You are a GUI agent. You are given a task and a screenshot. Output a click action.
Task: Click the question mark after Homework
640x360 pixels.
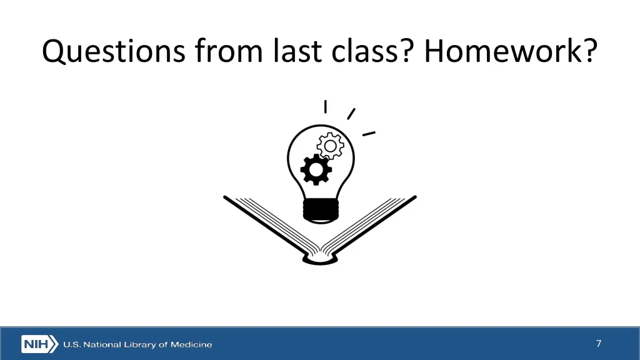point(589,51)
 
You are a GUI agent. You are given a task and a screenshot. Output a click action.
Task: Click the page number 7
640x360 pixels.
point(599,344)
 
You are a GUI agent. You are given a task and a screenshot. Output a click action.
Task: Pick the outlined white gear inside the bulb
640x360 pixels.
point(330,146)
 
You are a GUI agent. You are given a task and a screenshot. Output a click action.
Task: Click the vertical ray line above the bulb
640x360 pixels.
point(325,107)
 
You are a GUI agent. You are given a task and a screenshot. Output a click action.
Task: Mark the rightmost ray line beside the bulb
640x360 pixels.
point(369,133)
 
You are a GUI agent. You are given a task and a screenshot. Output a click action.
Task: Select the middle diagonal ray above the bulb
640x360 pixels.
point(351,114)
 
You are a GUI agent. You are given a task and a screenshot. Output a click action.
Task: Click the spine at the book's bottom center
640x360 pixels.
point(320,257)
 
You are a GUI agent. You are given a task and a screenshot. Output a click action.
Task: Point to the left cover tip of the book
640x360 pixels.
point(226,198)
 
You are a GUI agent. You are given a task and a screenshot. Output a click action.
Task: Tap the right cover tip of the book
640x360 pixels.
point(414,198)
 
